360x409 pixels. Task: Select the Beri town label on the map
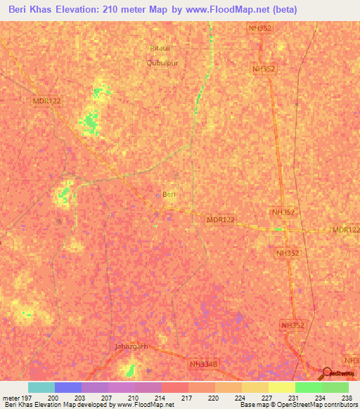[x=169, y=194]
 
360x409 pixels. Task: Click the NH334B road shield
[x=203, y=363]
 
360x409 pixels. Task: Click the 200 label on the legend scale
[x=53, y=396]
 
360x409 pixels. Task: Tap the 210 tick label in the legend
[x=134, y=396]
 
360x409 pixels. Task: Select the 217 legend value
[x=188, y=396]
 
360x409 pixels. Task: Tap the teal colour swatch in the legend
[x=41, y=387]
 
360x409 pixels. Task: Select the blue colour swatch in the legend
[x=67, y=387]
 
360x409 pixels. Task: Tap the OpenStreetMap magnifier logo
[x=328, y=373]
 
